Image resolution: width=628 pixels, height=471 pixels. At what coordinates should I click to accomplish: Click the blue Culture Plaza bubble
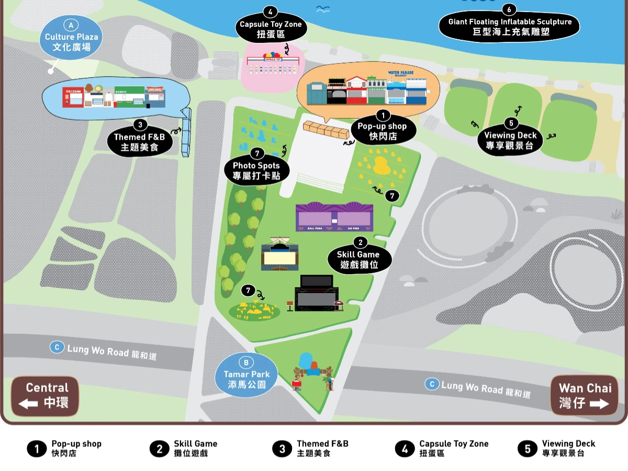point(71,37)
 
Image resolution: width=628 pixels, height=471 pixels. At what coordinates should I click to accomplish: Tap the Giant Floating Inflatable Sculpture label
point(509,27)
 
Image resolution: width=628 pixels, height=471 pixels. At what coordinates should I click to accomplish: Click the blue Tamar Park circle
point(246,375)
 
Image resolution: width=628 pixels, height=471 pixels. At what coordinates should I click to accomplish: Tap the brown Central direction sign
point(46,396)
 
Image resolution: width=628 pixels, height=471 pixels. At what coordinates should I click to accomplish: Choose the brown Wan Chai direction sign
point(584,396)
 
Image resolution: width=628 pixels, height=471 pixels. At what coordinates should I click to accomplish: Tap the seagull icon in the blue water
point(323,8)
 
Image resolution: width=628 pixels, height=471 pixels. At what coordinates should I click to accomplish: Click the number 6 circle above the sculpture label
point(509,9)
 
